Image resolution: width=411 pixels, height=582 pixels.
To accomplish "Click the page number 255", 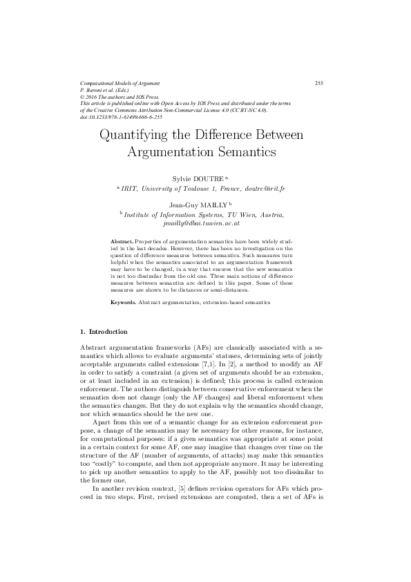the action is click(319, 83).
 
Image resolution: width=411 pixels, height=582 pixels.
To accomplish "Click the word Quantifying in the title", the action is click(135, 133).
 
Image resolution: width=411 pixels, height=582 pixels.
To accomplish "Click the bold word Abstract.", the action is click(122, 240).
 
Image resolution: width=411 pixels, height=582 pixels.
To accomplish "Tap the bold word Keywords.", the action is click(124, 303).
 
